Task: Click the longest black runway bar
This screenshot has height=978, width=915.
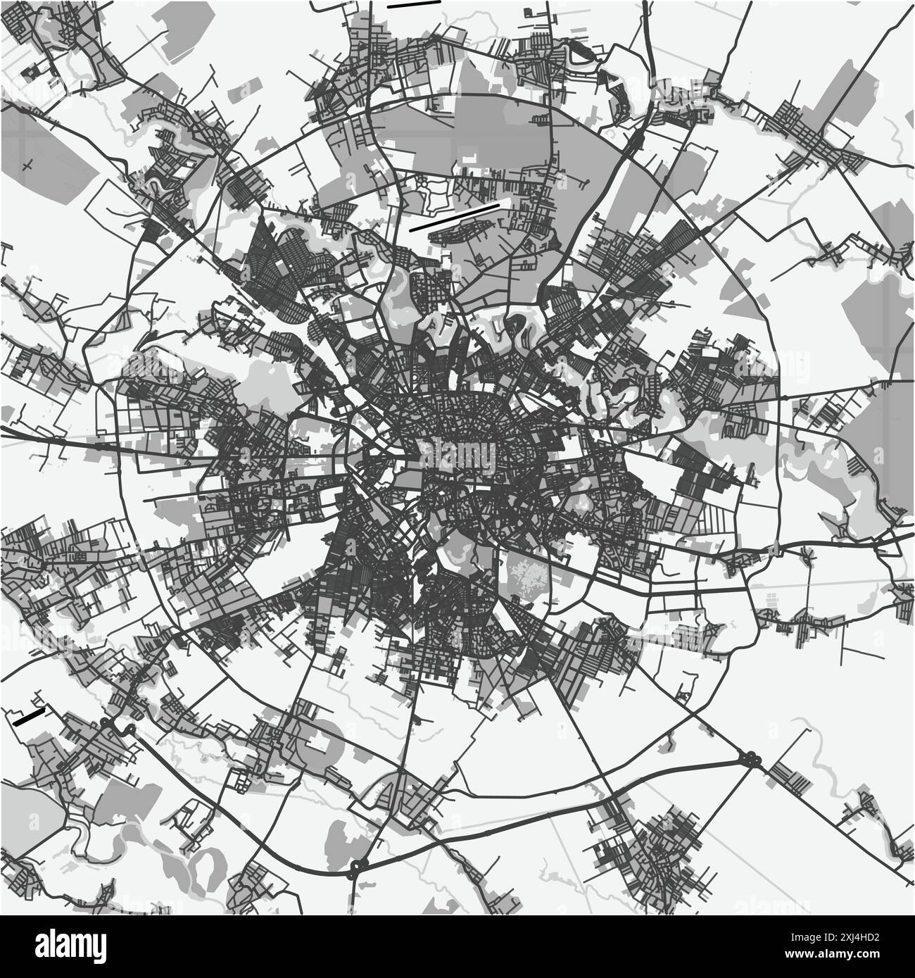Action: click(454, 218)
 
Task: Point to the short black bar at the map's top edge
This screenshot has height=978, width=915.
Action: click(413, 4)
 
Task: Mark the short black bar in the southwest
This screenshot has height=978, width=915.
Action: click(29, 717)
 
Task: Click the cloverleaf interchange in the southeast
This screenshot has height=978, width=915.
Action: click(750, 758)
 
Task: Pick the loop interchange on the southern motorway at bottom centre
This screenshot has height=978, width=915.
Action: click(359, 865)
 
